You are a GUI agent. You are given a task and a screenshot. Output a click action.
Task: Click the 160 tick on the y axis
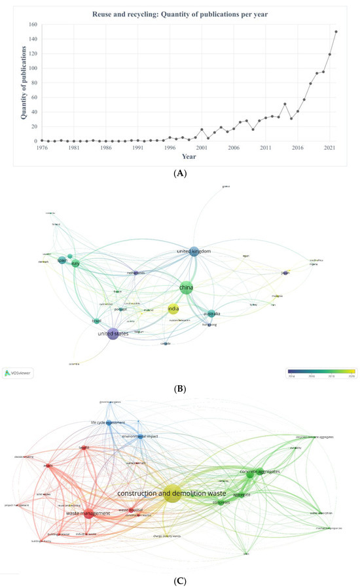tap(32, 25)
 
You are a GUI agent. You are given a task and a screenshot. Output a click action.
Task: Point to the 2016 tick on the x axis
tap(298, 148)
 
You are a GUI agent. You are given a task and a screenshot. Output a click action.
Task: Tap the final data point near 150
tap(336, 31)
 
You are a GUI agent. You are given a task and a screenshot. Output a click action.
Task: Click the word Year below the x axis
tap(189, 157)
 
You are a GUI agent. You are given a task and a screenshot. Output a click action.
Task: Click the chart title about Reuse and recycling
tap(189, 13)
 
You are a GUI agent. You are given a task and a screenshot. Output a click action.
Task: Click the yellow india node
tap(173, 309)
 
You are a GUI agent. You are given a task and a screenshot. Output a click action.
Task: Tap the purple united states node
tap(113, 334)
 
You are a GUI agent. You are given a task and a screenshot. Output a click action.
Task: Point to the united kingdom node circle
tap(194, 251)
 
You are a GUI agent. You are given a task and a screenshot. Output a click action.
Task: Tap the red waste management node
tap(88, 513)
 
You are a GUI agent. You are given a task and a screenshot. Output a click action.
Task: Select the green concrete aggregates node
tap(249, 474)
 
